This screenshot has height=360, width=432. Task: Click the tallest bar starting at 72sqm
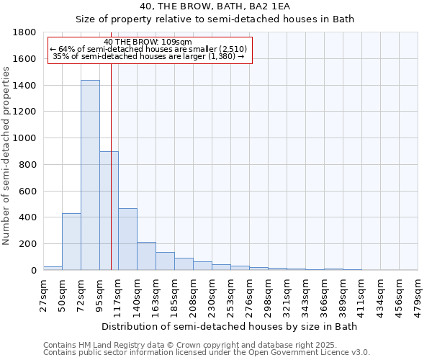click(90, 175)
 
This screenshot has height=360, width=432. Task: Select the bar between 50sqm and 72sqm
click(71, 242)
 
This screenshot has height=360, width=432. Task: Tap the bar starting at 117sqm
click(127, 239)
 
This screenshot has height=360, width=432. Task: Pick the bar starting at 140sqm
click(146, 256)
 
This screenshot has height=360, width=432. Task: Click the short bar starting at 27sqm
click(53, 268)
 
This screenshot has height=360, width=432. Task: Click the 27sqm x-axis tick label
click(43, 292)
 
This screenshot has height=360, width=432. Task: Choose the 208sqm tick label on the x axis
click(193, 294)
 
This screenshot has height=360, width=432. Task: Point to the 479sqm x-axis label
click(418, 294)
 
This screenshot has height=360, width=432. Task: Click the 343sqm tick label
click(305, 294)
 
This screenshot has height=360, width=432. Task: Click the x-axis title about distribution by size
click(230, 326)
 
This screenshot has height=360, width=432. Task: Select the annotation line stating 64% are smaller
click(149, 49)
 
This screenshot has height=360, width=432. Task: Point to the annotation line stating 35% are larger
click(149, 56)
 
